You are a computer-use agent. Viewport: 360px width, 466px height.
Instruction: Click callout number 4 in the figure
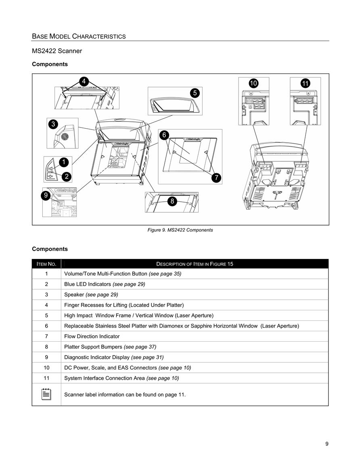(x=84, y=81)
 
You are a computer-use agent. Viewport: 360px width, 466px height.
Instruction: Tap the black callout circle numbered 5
(x=195, y=93)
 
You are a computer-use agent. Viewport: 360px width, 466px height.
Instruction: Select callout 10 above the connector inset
(x=253, y=83)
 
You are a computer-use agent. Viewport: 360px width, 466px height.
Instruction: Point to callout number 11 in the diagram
(x=305, y=83)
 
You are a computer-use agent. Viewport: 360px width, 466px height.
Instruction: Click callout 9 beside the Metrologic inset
(x=46, y=195)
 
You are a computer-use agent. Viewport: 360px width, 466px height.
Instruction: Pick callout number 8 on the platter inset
(x=172, y=201)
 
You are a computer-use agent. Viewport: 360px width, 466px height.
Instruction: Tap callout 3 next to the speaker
(x=53, y=124)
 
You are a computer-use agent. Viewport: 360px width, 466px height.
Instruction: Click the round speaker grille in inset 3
(x=65, y=136)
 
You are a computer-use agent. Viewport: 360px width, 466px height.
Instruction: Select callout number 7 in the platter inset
(x=216, y=178)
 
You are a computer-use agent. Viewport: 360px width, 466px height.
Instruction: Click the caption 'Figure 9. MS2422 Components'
(x=180, y=230)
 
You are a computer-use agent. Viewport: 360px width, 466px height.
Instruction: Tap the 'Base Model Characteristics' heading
(x=79, y=37)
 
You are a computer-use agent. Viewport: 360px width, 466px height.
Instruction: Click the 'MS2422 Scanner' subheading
(x=57, y=51)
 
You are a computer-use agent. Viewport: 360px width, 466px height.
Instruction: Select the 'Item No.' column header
(x=46, y=264)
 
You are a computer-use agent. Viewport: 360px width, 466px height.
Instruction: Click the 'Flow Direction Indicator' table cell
(x=92, y=336)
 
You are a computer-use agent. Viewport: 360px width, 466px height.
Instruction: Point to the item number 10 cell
(x=46, y=368)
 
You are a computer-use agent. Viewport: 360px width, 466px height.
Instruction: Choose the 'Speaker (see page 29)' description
(x=91, y=295)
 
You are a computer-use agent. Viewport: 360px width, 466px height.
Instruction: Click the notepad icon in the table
(x=46, y=394)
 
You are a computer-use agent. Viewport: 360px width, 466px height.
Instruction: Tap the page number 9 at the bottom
(x=327, y=444)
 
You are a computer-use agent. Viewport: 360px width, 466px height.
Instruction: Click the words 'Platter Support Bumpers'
(x=93, y=347)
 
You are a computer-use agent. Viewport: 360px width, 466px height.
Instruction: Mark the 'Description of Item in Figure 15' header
(x=195, y=264)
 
